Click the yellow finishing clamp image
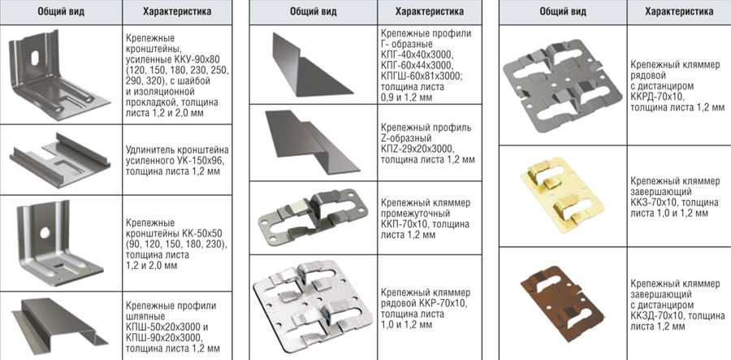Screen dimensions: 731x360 (562, 196)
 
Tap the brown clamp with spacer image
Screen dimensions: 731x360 (562, 298)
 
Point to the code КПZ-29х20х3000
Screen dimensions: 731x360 (417, 149)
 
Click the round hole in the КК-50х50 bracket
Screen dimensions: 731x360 (45, 232)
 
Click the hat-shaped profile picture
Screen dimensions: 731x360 (58, 324)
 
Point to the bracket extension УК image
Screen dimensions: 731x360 (59, 160)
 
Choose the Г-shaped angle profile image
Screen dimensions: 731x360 (310, 65)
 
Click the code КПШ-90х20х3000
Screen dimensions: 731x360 (163, 337)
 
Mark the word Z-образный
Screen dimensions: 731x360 (405, 138)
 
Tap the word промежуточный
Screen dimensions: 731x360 (415, 214)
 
